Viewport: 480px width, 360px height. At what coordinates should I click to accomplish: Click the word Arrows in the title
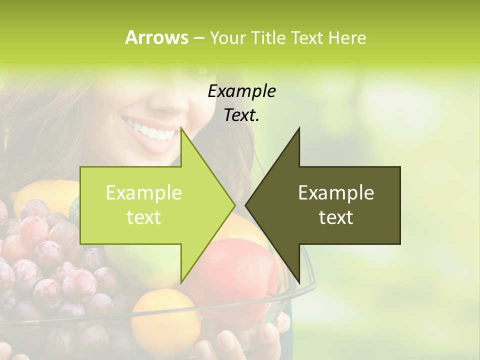[156, 37]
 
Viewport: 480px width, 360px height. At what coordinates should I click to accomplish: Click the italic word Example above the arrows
[241, 91]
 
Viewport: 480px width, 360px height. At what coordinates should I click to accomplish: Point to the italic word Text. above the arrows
[241, 115]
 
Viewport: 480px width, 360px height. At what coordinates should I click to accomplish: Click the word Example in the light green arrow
[144, 192]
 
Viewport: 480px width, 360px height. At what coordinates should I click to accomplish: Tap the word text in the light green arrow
[144, 217]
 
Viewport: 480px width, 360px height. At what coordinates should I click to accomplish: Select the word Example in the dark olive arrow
[336, 192]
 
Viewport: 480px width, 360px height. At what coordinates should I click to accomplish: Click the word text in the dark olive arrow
[336, 217]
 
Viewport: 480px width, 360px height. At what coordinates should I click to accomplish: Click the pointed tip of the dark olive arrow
[246, 205]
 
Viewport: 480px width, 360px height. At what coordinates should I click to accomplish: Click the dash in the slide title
[198, 38]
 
